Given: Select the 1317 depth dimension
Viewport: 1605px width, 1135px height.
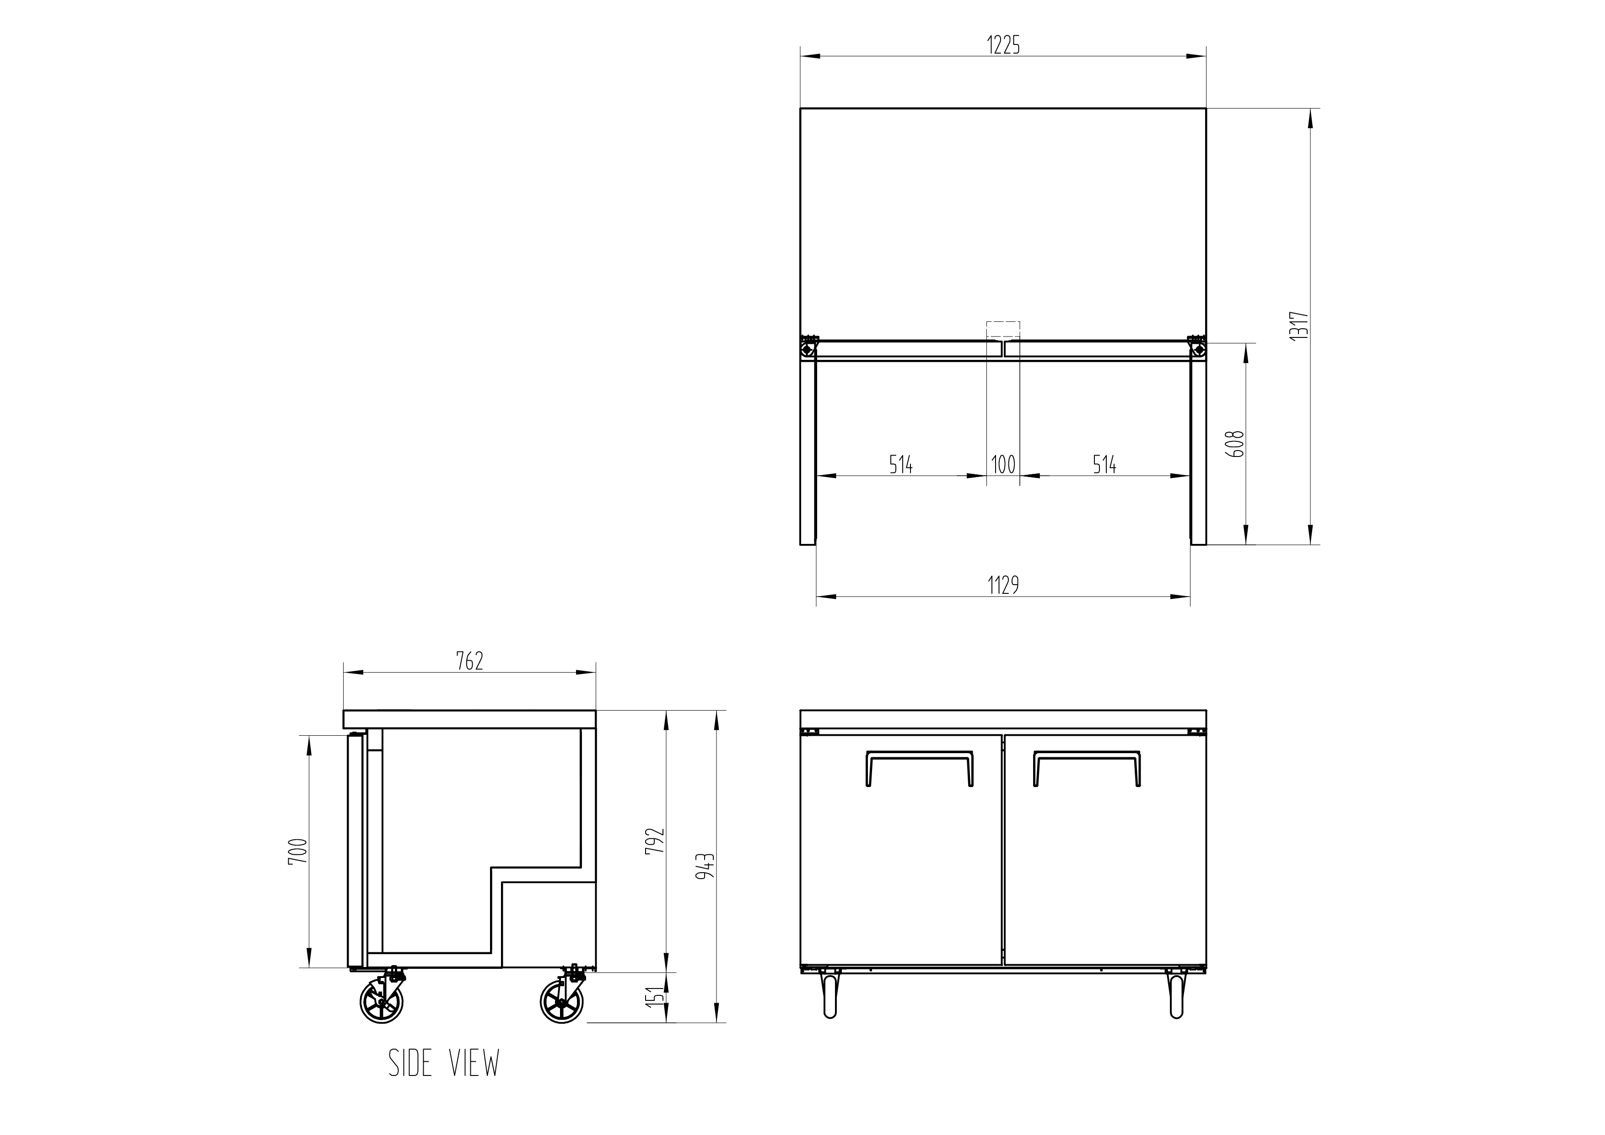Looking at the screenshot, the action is point(1298,326).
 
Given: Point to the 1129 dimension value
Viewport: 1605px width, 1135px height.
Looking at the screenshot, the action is point(1003,585).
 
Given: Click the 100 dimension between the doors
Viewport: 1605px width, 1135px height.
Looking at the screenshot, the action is point(1003,464).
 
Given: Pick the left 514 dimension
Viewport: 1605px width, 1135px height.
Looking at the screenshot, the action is point(901,464).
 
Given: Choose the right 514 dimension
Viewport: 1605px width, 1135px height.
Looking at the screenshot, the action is point(1104,464).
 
